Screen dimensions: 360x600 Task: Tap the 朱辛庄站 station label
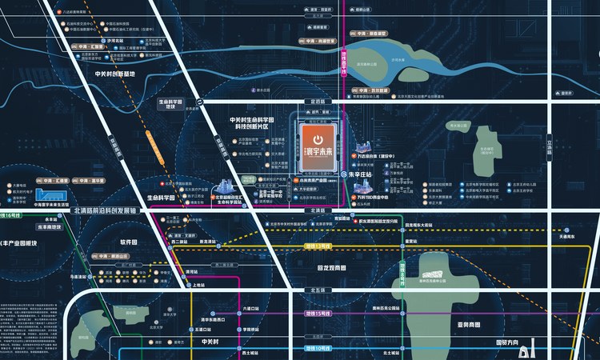[363, 173]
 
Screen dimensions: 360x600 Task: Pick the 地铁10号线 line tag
[318, 350]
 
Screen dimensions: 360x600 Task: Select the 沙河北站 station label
[117, 40]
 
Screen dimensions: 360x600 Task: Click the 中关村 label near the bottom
[210, 342]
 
